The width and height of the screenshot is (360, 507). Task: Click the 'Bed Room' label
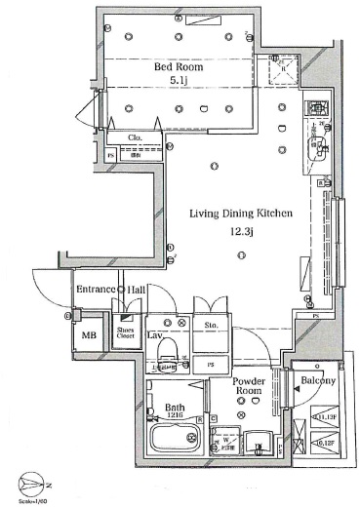click(179, 66)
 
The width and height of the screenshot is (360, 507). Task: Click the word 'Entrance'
click(95, 291)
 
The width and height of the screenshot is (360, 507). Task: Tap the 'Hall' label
click(137, 291)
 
